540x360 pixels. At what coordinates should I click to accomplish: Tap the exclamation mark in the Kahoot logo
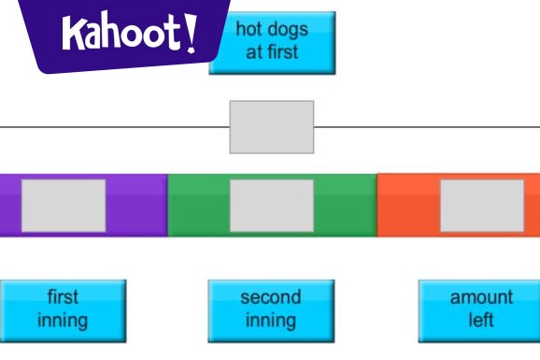coord(191,32)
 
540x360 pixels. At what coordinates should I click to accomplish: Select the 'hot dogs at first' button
coord(271,42)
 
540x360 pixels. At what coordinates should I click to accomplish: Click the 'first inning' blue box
coord(63,310)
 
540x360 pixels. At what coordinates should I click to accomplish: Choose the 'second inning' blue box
coord(271,310)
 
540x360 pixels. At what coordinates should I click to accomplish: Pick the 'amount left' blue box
coord(481,310)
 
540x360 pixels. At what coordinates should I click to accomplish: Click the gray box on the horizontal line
coord(272,126)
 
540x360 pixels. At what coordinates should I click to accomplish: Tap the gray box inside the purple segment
coord(64,206)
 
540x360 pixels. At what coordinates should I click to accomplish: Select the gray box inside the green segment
coord(272,206)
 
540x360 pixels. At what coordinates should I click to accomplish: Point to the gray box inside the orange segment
coord(482,206)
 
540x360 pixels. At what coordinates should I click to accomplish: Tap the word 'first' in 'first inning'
coord(63,298)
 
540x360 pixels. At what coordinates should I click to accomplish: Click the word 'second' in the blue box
coord(271,298)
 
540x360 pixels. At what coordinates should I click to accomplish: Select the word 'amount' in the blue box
coord(481,298)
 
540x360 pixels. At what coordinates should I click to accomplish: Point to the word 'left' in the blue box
coord(481,321)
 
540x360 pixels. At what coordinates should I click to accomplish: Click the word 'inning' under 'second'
coord(271,321)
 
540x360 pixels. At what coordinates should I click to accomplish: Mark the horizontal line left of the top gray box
coord(112,126)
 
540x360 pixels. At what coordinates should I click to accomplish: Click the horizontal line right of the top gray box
coord(425,126)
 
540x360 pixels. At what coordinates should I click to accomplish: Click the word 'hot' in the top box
coord(249,31)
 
